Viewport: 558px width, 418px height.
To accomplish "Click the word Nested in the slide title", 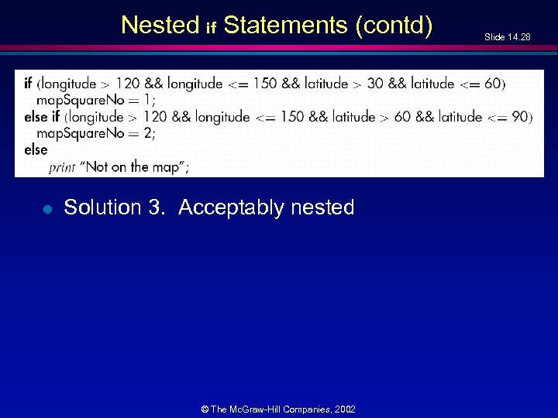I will pyautogui.click(x=160, y=26).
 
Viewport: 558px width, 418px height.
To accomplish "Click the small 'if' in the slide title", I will pyautogui.click(x=211, y=29).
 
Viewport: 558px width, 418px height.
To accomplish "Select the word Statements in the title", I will pyautogui.click(x=284, y=26).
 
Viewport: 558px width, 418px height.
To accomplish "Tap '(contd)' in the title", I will pyautogui.click(x=394, y=26).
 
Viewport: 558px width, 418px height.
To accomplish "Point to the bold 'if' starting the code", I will pyautogui.click(x=28, y=84).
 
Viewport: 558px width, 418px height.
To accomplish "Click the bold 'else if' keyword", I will pyautogui.click(x=42, y=117).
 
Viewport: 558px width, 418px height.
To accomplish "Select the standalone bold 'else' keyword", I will pyautogui.click(x=36, y=149).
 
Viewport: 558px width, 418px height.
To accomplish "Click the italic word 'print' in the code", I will pyautogui.click(x=61, y=167).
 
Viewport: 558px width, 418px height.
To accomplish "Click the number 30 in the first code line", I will pyautogui.click(x=375, y=84).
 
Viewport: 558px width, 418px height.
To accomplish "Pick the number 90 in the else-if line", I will pyautogui.click(x=518, y=117).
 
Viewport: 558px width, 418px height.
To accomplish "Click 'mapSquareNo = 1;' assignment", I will pyautogui.click(x=96, y=100).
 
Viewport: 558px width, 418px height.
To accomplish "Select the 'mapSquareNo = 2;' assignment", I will pyautogui.click(x=96, y=133).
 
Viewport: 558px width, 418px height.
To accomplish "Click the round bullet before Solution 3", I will pyautogui.click(x=47, y=208).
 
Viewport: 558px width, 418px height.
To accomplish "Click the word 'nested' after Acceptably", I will pyautogui.click(x=322, y=207).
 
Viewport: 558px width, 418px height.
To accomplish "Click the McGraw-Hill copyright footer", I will pyautogui.click(x=278, y=409).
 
